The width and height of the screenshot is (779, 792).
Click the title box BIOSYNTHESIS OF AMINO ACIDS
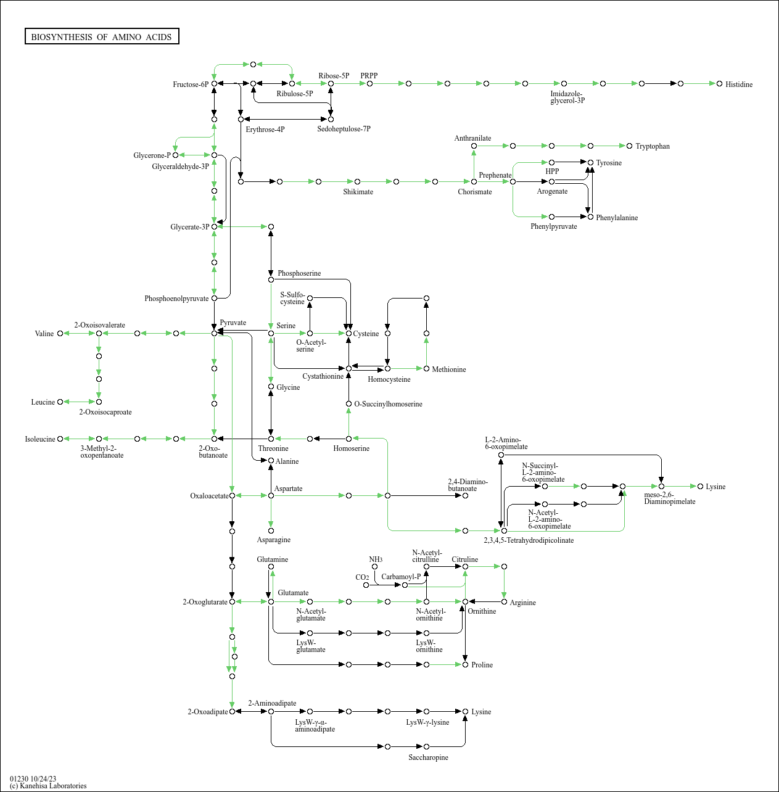[102, 37]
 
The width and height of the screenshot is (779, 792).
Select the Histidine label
[739, 85]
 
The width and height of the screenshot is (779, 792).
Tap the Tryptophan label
[653, 146]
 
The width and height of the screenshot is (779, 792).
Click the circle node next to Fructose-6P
[214, 83]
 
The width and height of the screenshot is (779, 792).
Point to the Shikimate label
[358, 192]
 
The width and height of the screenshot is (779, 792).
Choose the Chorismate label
[475, 192]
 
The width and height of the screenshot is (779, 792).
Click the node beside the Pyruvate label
[214, 333]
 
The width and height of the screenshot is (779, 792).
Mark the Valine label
[44, 334]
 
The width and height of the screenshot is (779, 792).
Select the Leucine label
[43, 402]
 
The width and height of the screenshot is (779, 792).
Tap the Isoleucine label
[40, 439]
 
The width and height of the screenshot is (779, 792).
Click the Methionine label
[449, 369]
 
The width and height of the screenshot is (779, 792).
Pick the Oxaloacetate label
[209, 496]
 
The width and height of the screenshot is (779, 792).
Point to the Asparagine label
[274, 540]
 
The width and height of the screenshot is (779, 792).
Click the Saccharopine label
[428, 757]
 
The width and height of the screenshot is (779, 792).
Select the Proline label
[482, 665]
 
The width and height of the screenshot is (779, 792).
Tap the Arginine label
[522, 603]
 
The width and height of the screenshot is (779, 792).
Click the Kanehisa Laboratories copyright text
[48, 786]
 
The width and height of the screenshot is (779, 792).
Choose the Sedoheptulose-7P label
[344, 129]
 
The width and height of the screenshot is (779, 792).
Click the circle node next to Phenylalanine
[590, 217]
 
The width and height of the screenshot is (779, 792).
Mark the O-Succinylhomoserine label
[388, 404]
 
